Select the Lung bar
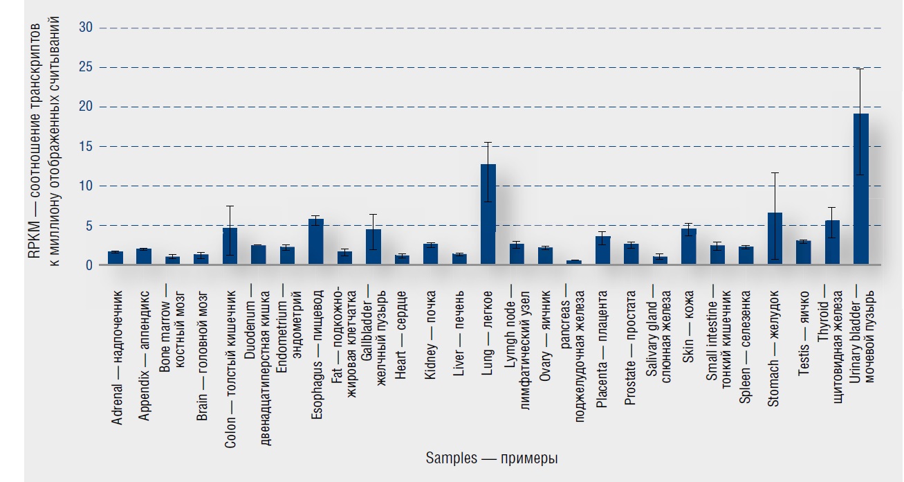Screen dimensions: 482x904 pos(488,215)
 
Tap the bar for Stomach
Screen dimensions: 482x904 pos(775,239)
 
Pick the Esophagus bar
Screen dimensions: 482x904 pos(316,242)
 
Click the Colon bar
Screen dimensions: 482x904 pos(230,247)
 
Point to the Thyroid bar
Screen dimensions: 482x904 pos(832,243)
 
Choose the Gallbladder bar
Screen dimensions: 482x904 pos(373,247)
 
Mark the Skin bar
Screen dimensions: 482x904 pos(689,247)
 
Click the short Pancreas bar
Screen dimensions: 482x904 pos(574,262)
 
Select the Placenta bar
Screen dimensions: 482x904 pos(603,251)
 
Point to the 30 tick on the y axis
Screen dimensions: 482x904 pos(86,28)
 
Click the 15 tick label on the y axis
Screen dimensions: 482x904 pos(86,146)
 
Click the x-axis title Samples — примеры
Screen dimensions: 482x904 pos(492,458)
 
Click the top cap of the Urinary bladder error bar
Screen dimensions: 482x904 pos(860,69)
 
